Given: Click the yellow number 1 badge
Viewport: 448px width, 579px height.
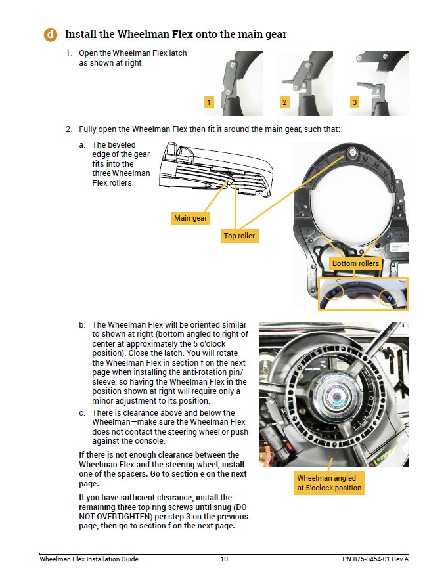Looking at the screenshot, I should (208, 102).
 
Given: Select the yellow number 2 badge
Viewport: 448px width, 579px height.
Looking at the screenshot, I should (284, 102).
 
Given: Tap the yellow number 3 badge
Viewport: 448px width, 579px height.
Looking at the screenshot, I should (355, 102).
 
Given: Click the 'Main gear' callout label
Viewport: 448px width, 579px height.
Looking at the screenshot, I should (190, 218).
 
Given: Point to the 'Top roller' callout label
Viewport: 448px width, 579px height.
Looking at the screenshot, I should (239, 236).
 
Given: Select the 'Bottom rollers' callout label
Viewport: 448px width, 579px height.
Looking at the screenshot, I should (355, 263).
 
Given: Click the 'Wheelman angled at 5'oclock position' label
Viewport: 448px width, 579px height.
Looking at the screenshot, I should (328, 482).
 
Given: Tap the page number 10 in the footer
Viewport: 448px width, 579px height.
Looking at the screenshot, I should (224, 559).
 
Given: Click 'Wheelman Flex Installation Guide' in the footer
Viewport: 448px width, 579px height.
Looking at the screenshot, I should (89, 559).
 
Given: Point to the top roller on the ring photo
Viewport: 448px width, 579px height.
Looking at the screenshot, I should (352, 153).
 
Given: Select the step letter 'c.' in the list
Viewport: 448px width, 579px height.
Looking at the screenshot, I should (82, 413).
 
